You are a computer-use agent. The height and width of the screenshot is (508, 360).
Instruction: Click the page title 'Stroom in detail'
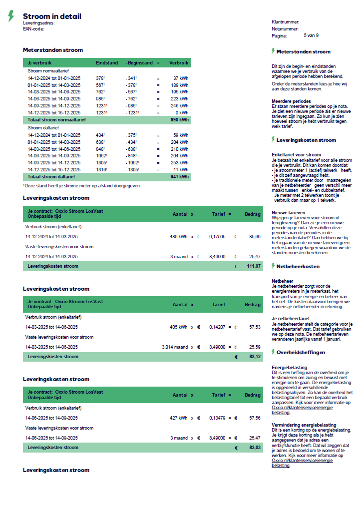tap(52, 16)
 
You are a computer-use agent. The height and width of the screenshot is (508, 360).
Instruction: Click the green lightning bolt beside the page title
tap(11, 16)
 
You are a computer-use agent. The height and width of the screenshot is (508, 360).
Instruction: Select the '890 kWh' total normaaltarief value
tap(179, 120)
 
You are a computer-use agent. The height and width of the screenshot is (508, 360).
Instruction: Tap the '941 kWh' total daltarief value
tap(179, 177)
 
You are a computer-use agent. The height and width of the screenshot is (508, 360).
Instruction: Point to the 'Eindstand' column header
tap(107, 63)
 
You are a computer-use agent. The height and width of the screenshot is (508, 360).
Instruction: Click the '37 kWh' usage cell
tap(181, 78)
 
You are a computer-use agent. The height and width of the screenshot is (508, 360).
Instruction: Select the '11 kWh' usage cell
tap(181, 170)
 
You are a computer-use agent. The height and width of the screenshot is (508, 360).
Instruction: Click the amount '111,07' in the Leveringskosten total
tap(254, 267)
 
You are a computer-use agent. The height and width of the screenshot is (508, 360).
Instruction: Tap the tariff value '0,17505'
tap(217, 236)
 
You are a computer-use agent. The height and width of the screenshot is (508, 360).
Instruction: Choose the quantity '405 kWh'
tap(179, 327)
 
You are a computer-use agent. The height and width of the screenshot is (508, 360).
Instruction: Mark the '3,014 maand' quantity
tap(174, 347)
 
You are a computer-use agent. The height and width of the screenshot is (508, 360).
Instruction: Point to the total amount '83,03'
tap(254, 448)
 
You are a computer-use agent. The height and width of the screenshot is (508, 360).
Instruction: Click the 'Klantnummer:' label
tap(286, 22)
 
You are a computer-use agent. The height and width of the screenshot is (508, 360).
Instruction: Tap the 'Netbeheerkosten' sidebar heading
tap(298, 266)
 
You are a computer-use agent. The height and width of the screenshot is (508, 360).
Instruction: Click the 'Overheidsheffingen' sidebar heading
tap(301, 352)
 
